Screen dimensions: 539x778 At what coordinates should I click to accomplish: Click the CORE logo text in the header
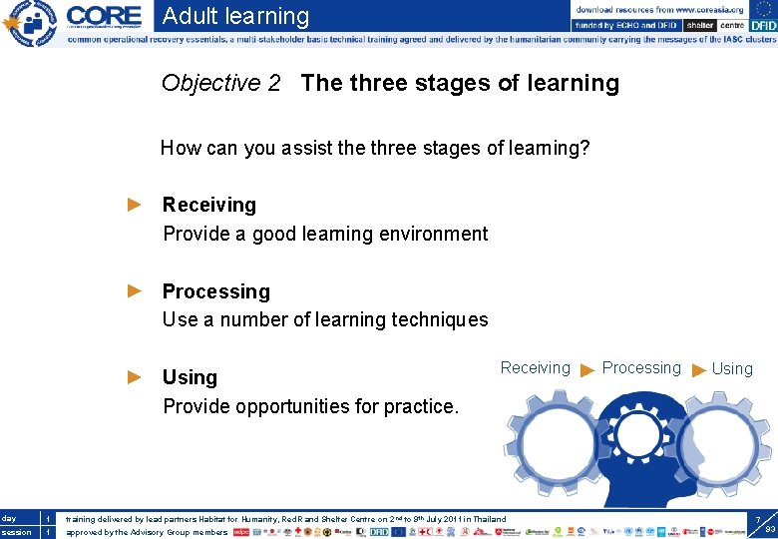(105, 17)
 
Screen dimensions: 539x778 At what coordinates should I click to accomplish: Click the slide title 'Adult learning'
(235, 16)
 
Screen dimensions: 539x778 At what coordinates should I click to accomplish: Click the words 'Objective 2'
(220, 83)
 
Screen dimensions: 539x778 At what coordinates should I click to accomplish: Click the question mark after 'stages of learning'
(585, 149)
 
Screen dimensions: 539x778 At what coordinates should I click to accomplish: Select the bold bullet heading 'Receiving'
(208, 205)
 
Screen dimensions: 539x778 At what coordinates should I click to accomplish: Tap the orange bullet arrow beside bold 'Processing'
(136, 291)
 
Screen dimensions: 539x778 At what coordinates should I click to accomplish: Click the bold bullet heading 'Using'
(190, 377)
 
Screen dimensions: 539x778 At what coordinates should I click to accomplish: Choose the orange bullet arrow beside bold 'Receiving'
(136, 205)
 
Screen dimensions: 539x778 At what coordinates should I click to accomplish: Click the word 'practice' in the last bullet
(421, 406)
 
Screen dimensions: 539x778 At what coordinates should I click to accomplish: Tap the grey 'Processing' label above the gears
(641, 367)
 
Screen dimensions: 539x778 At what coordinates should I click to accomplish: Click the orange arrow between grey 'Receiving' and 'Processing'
(587, 369)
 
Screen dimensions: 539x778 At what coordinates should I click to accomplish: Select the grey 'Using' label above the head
(732, 368)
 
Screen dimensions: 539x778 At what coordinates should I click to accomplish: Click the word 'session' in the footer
(17, 532)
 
